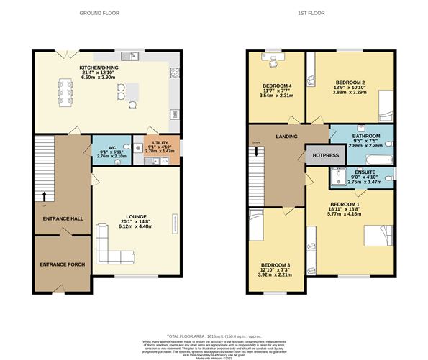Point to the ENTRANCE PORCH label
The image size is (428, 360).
[63, 264]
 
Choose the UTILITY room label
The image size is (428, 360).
[155, 143]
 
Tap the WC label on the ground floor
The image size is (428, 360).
[104, 143]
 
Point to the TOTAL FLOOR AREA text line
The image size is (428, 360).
[214, 337]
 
